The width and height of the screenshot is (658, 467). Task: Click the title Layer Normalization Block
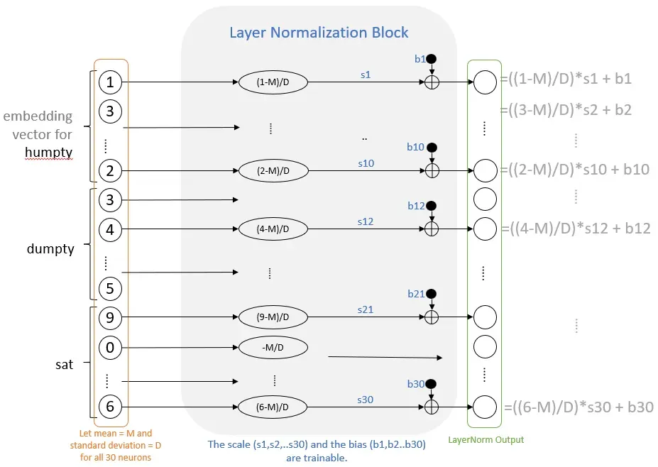(x=319, y=33)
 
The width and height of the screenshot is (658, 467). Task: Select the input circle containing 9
(x=110, y=318)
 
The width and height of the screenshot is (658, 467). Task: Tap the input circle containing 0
(x=110, y=348)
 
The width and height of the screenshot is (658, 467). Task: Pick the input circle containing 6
(x=110, y=406)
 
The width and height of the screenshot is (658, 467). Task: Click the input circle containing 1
(x=110, y=82)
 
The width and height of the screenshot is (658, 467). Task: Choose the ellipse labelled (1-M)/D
(x=273, y=82)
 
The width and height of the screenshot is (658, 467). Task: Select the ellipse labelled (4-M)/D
(x=273, y=229)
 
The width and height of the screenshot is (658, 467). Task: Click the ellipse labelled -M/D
(x=273, y=348)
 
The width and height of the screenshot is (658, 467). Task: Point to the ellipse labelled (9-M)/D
(x=273, y=317)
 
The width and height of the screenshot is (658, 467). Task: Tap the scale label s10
(x=366, y=163)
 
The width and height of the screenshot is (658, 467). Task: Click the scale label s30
(x=365, y=400)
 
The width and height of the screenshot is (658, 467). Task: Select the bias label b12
(x=416, y=206)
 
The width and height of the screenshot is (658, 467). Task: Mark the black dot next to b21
(x=431, y=294)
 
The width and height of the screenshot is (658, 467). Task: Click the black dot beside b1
(x=431, y=59)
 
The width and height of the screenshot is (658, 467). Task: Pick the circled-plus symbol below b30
(x=432, y=407)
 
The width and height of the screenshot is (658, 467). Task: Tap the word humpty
(x=49, y=153)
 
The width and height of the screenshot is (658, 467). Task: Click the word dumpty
(x=50, y=249)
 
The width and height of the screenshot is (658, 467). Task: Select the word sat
(x=64, y=365)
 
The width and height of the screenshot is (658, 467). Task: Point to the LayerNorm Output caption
(x=486, y=440)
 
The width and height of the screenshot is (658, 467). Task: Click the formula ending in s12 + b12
(x=576, y=229)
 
